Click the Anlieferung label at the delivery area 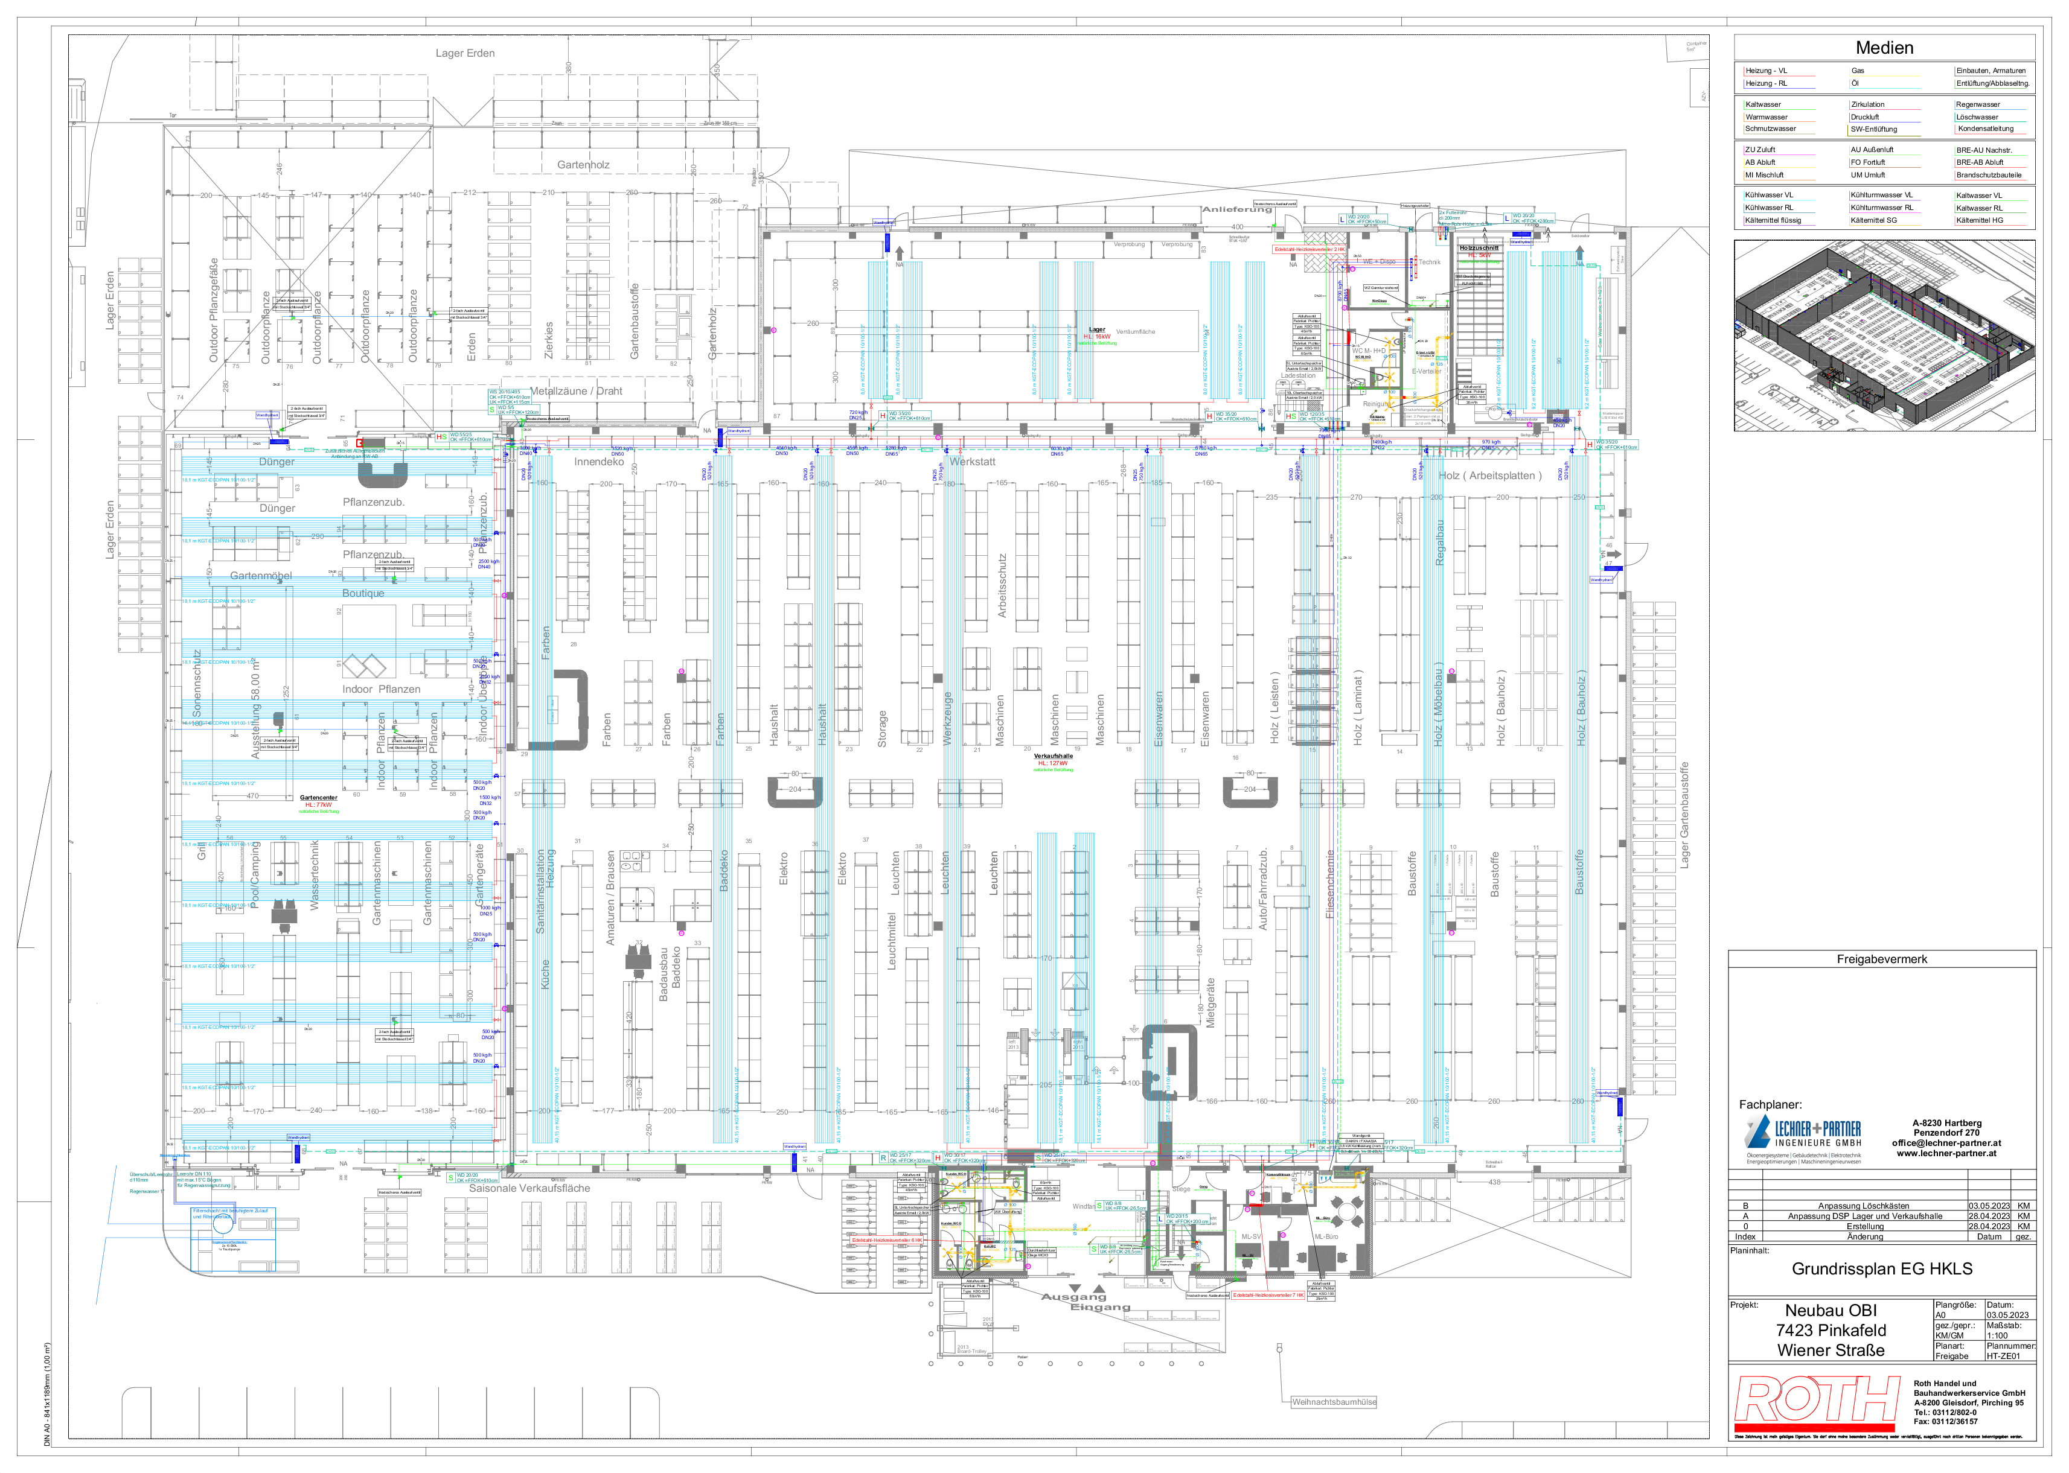(x=1237, y=209)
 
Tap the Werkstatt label (x=973, y=462)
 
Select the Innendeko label (x=599, y=462)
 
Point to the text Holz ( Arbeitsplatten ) (x=1489, y=476)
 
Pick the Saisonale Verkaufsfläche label (x=529, y=1188)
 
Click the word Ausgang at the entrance (x=1073, y=1297)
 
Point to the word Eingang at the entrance (x=1100, y=1308)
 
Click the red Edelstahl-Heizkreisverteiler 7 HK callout (x=1268, y=1295)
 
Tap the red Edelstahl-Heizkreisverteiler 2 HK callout (x=1308, y=249)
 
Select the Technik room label (x=1429, y=262)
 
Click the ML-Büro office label (x=1326, y=1236)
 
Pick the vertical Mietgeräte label (x=1210, y=1002)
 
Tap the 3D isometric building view (x=1883, y=336)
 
